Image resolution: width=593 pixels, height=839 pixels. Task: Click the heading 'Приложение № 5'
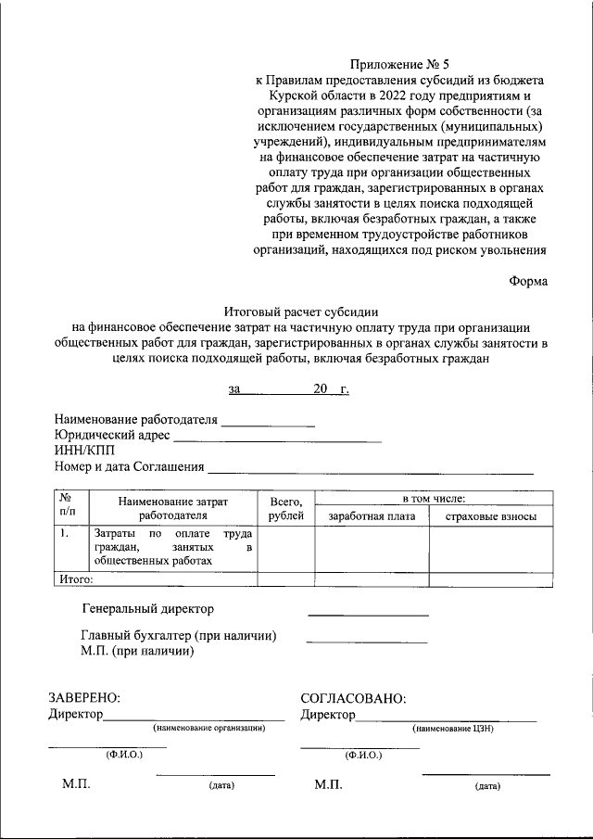pyautogui.click(x=398, y=64)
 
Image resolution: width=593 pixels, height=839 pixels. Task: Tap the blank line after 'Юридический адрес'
pyautogui.click(x=277, y=439)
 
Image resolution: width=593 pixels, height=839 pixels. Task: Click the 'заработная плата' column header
pyautogui.click(x=371, y=516)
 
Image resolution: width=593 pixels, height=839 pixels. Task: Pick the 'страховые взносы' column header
pyautogui.click(x=491, y=516)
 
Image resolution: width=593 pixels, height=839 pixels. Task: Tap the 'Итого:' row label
pyautogui.click(x=76, y=578)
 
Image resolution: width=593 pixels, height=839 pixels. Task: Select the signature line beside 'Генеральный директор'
pyautogui.click(x=368, y=615)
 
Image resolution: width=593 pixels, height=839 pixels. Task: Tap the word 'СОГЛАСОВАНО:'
pyautogui.click(x=354, y=698)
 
